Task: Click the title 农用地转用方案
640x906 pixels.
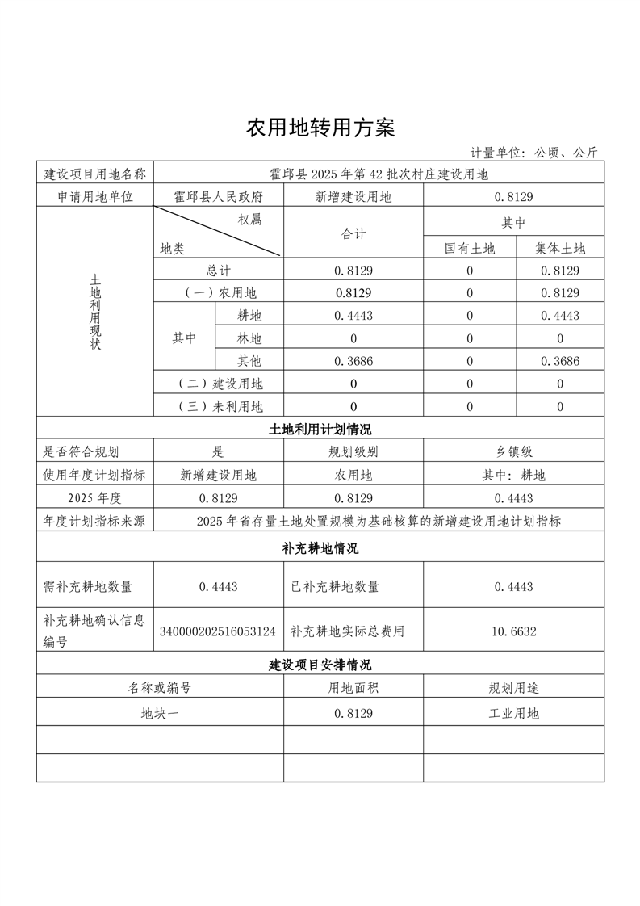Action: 320,128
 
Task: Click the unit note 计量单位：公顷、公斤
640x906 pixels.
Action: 534,153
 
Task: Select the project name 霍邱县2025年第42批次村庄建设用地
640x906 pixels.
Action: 379,174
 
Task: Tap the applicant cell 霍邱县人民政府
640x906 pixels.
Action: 218,196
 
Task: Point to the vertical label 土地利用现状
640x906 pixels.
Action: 95,311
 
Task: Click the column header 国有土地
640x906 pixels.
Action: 469,249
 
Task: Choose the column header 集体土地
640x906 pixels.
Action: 560,249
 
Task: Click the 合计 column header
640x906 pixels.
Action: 353,234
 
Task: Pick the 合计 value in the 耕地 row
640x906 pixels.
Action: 353,316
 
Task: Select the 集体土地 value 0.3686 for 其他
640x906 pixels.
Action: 560,361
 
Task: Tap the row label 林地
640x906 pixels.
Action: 249,338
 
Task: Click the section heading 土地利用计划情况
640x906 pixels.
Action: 320,429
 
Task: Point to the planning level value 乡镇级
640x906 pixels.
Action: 513,452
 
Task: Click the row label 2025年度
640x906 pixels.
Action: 94,498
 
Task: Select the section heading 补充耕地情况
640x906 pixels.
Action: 320,548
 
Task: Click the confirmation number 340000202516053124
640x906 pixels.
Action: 218,631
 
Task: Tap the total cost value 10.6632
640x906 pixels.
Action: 513,631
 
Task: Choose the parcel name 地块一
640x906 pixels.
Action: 160,713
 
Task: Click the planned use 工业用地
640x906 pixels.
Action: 513,713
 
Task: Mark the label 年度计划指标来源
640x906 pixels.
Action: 94,521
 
